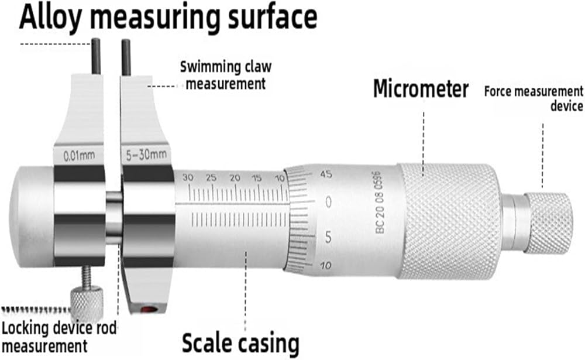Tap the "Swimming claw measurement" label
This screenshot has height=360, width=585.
226,76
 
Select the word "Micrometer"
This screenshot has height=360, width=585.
421,89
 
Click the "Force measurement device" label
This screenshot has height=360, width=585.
534,98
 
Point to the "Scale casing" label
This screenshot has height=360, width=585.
240,342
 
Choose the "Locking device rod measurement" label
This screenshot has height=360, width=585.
59,337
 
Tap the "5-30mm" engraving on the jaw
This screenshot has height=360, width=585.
146,155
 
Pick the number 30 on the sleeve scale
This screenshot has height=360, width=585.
188,178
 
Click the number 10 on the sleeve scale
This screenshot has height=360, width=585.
280,179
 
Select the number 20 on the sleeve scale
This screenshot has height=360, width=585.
235,178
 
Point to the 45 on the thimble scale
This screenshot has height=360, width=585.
326,174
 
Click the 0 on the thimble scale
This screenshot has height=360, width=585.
328,202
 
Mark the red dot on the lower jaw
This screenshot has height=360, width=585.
148,309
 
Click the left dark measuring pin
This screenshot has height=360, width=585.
97,57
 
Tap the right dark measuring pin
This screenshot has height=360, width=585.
126,58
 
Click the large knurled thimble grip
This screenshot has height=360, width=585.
449,221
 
